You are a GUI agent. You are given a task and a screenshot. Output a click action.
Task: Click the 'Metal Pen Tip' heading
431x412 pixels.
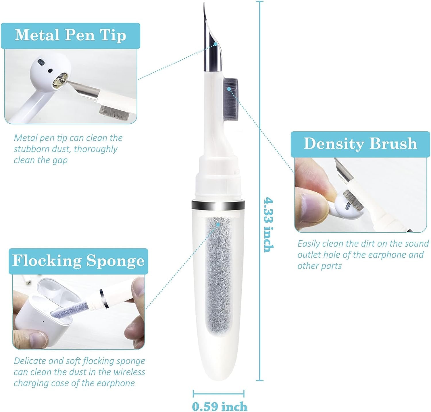point(70,35)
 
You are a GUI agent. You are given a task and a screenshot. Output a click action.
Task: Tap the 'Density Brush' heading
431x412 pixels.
point(360,143)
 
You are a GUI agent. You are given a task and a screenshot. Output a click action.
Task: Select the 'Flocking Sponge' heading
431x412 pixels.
point(78,261)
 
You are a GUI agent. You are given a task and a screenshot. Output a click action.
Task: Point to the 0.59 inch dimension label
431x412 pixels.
point(220,406)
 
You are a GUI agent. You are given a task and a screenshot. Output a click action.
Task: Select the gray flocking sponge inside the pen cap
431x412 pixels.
point(219,276)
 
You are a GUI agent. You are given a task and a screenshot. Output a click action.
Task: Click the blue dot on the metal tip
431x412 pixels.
point(216,44)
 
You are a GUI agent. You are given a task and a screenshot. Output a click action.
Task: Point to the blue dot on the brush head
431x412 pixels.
point(229,89)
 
